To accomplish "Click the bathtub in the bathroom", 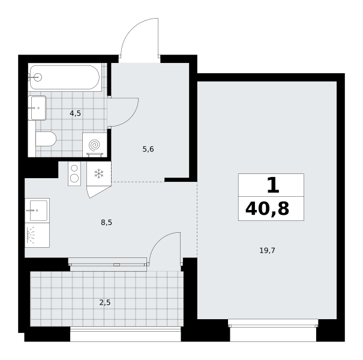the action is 65,77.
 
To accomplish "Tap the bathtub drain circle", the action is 38,77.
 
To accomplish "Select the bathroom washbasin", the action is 37,108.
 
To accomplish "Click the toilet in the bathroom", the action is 46,139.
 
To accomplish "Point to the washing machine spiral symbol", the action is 94,145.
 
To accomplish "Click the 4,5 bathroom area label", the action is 75,113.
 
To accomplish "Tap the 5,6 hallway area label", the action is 148,149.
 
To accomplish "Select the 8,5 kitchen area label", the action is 106,223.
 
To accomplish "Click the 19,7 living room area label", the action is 267,250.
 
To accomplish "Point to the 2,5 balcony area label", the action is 105,302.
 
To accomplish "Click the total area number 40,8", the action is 268,208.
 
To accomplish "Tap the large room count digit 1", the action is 273,185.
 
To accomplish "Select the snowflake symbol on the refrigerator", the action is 99,173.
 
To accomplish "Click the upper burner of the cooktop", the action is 74,168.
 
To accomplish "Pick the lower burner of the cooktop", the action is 74,178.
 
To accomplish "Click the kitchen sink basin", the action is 38,211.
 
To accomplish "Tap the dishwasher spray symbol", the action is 31,235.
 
